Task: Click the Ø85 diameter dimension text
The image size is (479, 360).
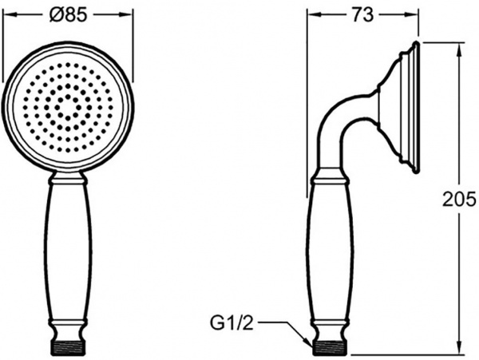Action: [68, 14]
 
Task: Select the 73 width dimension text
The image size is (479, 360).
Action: [362, 14]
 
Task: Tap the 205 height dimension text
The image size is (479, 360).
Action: [460, 199]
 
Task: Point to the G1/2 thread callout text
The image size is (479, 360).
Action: [232, 323]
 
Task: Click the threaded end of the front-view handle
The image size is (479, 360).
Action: [68, 347]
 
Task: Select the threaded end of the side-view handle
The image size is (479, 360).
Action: [331, 347]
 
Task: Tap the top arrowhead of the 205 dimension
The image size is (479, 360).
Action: [459, 50]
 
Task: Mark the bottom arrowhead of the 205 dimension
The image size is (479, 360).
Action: [459, 347]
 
